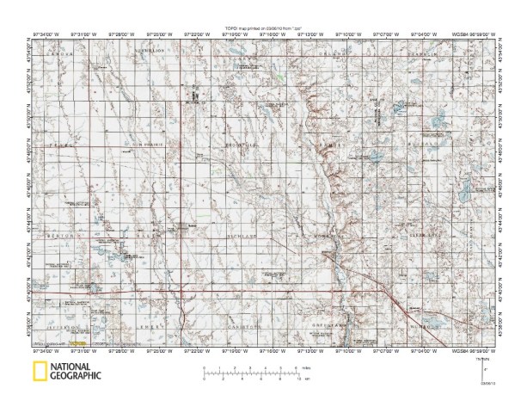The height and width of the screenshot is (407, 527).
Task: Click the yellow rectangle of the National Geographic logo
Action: (x=39, y=372)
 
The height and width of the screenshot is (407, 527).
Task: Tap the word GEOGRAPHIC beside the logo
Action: (x=76, y=376)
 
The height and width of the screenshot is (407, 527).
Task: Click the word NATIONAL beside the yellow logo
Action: (x=70, y=367)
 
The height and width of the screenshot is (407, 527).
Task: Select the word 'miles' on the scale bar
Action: (x=308, y=367)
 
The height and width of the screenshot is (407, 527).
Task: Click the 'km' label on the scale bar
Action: (x=307, y=379)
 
